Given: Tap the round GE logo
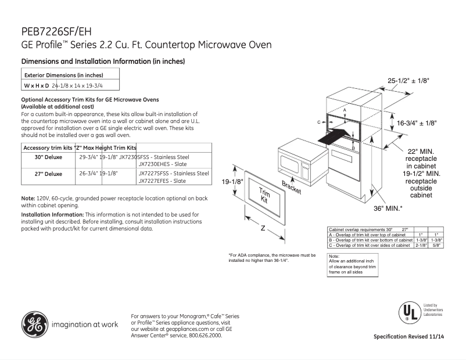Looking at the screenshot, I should [35, 324].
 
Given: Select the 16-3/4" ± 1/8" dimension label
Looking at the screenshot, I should [417, 123].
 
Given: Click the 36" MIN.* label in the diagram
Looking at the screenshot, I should [388, 208].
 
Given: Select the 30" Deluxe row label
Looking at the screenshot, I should [49, 157].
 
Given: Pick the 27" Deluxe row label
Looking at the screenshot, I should [49, 174].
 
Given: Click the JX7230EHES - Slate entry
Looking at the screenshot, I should [162, 164].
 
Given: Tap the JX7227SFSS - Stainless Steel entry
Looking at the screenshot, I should [173, 173].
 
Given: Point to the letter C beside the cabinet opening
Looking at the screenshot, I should [319, 123].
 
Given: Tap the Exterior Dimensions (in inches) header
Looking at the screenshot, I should [63, 75].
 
